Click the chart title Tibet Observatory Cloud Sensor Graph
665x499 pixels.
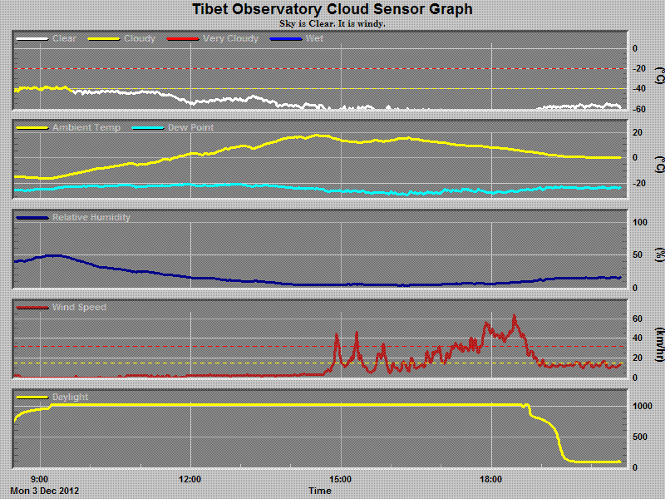coord(332,10)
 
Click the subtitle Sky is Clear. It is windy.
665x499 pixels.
coord(332,23)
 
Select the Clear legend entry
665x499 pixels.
coord(65,38)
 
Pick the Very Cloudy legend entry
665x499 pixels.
coord(230,38)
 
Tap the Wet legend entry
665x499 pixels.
coord(315,38)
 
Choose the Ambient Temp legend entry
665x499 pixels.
coord(86,127)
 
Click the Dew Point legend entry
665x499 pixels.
coord(190,127)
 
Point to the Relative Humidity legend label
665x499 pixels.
coord(91,218)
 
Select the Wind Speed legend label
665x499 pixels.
coord(79,308)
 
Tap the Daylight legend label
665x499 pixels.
coord(70,398)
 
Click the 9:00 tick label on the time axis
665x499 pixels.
coord(39,479)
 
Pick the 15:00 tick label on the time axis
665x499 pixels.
coord(341,479)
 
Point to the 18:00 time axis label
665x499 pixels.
coord(491,479)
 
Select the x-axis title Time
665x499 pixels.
coord(320,491)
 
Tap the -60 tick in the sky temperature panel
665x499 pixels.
coord(640,109)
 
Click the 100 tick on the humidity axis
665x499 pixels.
coord(640,223)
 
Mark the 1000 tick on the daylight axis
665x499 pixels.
coord(642,406)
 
